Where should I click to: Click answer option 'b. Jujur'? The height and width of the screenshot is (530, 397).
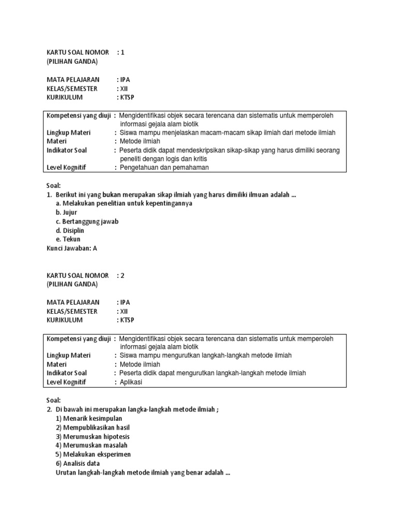tap(66, 212)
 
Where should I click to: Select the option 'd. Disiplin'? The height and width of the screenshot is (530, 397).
tap(70, 230)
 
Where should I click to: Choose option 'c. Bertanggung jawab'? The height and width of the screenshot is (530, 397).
tap(87, 222)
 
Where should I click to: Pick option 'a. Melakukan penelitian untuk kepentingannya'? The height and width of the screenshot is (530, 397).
tap(124, 203)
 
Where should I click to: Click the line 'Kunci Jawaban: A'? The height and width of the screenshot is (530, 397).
tap(72, 248)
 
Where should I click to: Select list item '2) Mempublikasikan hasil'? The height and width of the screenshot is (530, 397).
tap(93, 428)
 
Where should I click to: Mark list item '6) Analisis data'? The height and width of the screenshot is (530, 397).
tap(78, 463)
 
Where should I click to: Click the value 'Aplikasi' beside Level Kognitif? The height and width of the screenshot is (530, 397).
tap(131, 382)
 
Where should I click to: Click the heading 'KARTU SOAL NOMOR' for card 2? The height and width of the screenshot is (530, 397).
tap(78, 275)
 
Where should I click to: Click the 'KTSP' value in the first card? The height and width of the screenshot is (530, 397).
tap(127, 97)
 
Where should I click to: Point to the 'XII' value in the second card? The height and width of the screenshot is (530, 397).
tap(124, 311)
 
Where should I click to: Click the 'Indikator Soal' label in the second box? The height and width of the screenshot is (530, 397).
tap(67, 373)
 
